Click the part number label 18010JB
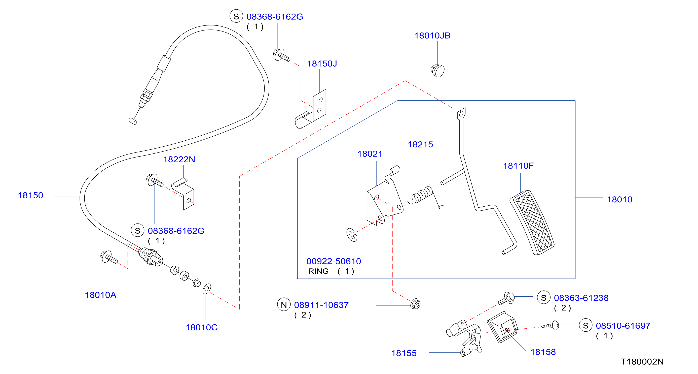point(432,36)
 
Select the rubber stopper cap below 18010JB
point(437,71)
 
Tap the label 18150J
point(322,64)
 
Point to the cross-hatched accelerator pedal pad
point(532,222)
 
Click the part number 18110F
point(518,166)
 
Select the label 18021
point(370,154)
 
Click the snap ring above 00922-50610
point(352,235)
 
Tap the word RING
point(318,271)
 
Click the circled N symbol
point(284,305)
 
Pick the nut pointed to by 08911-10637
point(415,304)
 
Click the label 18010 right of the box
point(619,200)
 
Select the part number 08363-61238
point(581,298)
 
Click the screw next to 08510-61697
point(550,325)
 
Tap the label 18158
point(543,352)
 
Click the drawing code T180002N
point(642,362)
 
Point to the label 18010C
point(202,328)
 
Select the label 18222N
point(179,160)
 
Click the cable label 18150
point(30,196)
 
